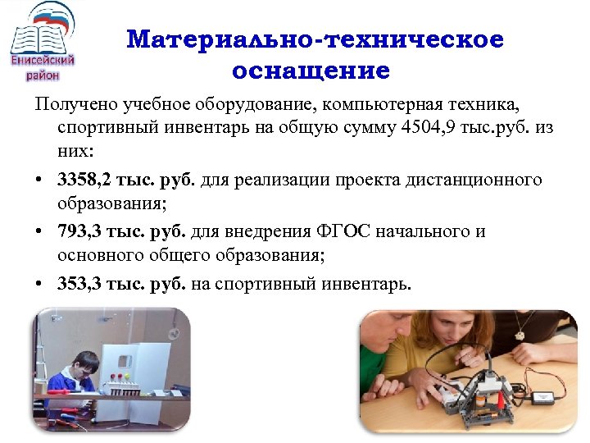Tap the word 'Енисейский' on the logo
click(x=43, y=60)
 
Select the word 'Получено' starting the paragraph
click(x=76, y=103)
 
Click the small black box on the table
click(x=542, y=397)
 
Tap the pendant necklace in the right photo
click(x=517, y=335)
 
